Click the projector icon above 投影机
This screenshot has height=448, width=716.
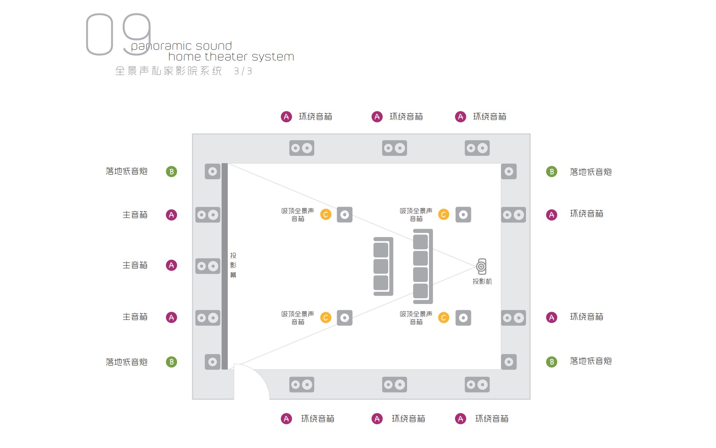click(481, 266)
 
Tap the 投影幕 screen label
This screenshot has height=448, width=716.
click(233, 265)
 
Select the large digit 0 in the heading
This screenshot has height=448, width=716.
click(100, 34)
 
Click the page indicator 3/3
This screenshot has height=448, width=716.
click(243, 71)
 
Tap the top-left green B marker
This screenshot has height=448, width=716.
click(172, 172)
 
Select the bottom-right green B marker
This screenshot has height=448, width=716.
click(552, 362)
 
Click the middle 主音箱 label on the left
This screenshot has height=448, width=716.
click(135, 265)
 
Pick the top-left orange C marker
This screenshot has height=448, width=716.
click(326, 215)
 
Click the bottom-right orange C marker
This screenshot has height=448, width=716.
click(444, 318)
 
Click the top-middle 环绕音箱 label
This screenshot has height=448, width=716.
click(406, 117)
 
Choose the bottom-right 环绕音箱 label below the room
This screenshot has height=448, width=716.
click(492, 419)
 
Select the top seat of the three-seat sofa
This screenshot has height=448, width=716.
click(381, 250)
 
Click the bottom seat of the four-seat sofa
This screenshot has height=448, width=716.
click(421, 291)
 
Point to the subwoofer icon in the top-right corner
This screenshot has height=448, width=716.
click(509, 172)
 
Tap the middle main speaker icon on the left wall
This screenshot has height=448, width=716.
click(208, 266)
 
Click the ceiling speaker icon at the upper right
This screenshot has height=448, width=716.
click(463, 215)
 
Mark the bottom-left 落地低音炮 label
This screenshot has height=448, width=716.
click(127, 362)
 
